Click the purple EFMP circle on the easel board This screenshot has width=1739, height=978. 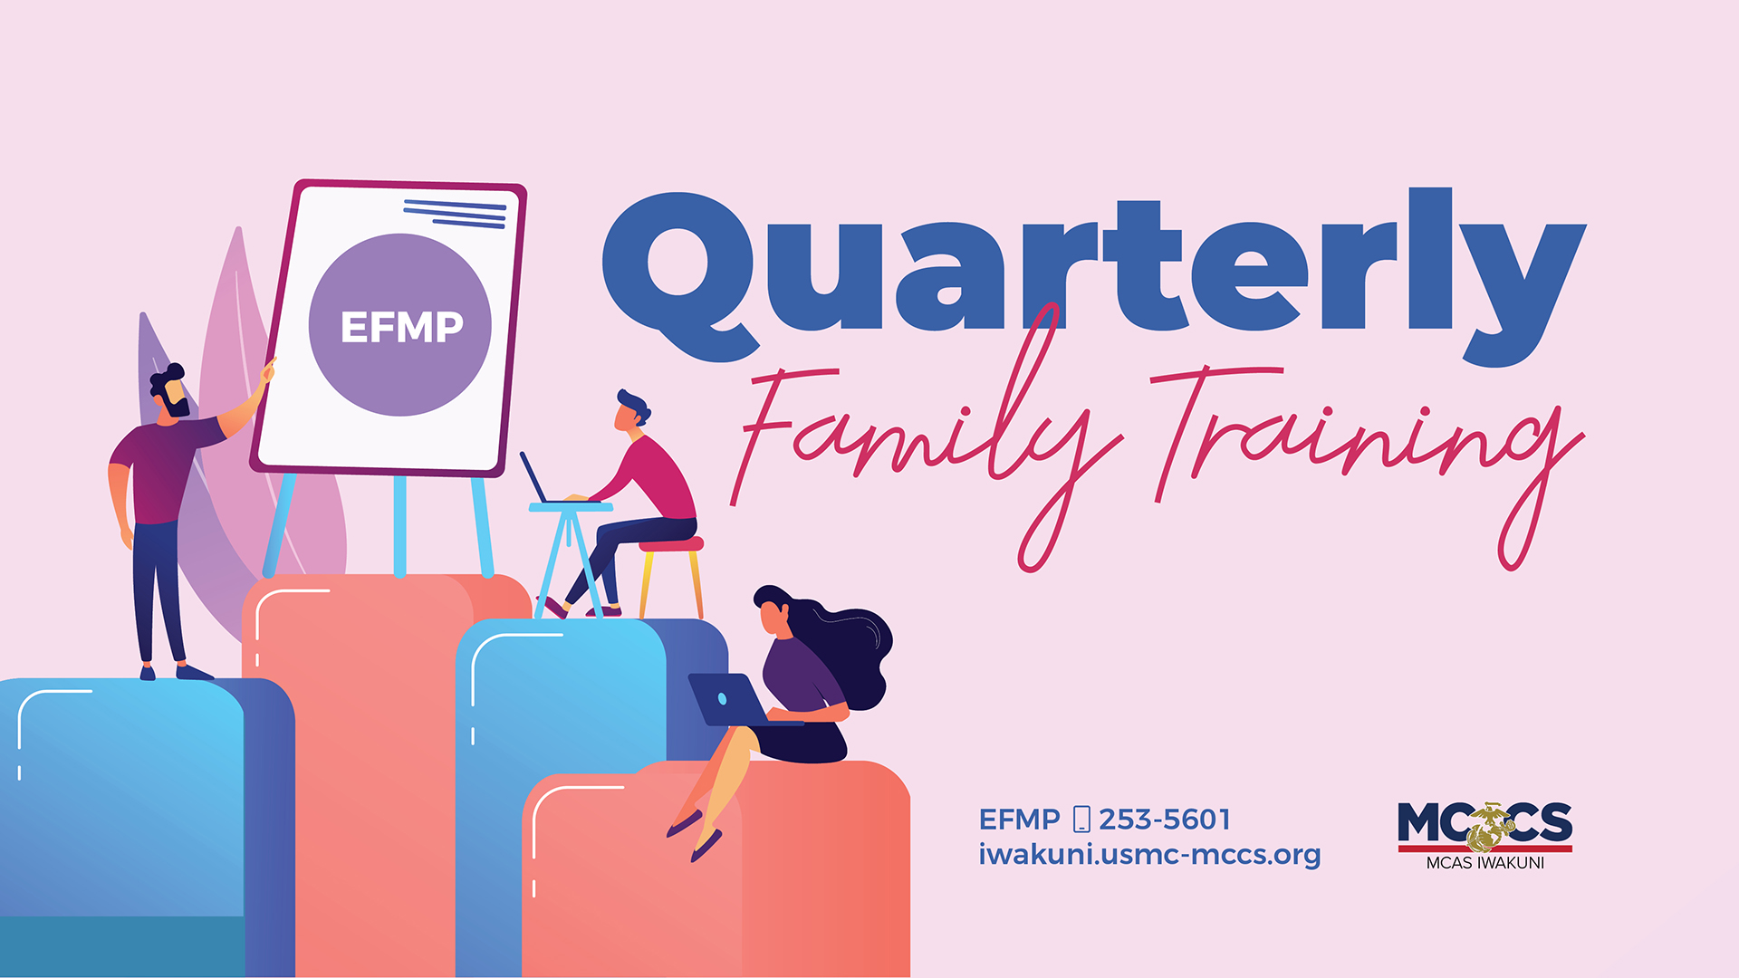click(x=399, y=325)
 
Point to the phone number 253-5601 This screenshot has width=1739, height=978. click(x=1165, y=820)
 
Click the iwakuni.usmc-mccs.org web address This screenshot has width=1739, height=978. click(x=1148, y=855)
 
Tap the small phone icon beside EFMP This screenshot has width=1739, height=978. click(x=1081, y=820)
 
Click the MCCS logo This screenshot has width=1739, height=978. click(x=1484, y=824)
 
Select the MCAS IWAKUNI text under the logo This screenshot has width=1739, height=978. click(x=1484, y=863)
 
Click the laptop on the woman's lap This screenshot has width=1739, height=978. click(x=729, y=699)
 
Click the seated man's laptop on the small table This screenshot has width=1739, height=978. click(x=534, y=477)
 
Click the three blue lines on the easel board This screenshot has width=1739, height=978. click(x=456, y=214)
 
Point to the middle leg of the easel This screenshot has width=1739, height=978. click(x=399, y=525)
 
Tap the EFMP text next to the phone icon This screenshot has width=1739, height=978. click(x=1019, y=820)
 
